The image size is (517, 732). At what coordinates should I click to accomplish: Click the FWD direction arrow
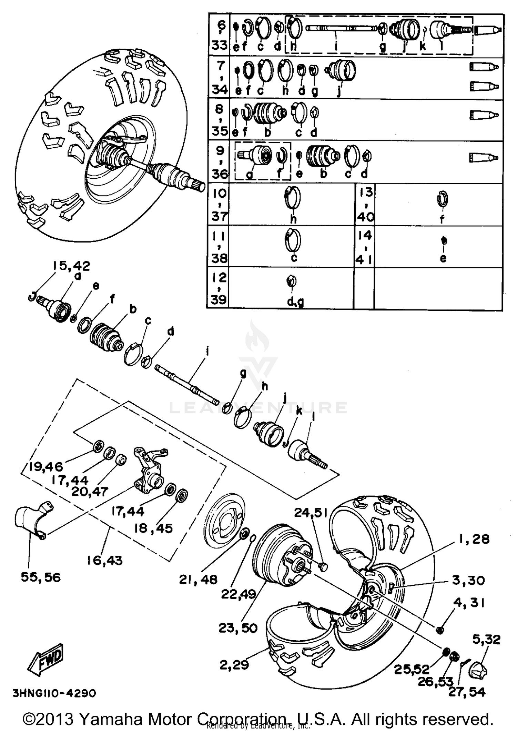(46, 660)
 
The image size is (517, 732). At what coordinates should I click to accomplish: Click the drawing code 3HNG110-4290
(54, 693)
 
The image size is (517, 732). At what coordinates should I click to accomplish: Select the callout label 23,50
(238, 628)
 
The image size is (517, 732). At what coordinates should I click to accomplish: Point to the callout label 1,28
(474, 539)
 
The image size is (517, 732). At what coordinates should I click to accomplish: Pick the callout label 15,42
(71, 266)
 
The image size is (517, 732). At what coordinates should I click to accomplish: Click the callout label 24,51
(311, 513)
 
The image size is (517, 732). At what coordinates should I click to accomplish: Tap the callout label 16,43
(104, 561)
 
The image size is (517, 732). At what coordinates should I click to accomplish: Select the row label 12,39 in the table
(219, 288)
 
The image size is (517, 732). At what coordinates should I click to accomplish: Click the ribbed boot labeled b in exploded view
(105, 337)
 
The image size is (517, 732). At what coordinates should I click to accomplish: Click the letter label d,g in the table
(295, 302)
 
